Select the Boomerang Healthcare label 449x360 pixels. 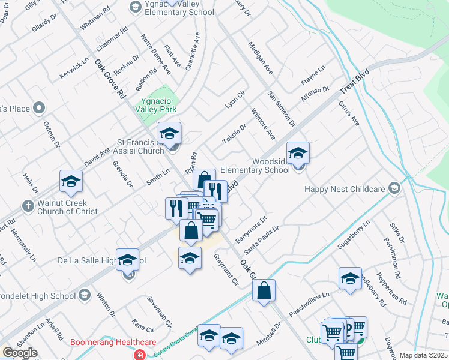pos(113,343)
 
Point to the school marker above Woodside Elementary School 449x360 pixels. pos(297,153)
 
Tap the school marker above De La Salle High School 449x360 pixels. pos(127,260)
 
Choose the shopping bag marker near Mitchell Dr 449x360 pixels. pos(264,290)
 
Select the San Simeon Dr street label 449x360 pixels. pos(282,109)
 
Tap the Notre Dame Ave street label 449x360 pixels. pos(156,55)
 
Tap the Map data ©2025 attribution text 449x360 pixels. pos(423,355)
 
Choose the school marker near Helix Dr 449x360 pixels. pos(71,181)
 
